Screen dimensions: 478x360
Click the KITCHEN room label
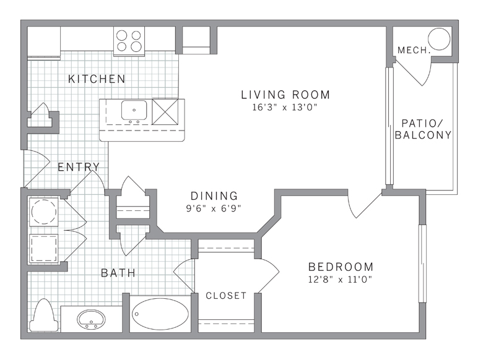pyautogui.click(x=97, y=79)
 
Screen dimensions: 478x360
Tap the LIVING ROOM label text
pyautogui.click(x=285, y=95)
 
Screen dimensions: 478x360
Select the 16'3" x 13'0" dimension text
pyautogui.click(x=285, y=107)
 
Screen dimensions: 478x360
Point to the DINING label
pyautogui.click(x=214, y=195)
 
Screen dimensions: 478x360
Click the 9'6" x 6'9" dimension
pyautogui.click(x=214, y=208)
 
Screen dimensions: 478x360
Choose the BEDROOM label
pyautogui.click(x=341, y=267)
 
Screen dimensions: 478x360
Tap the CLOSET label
pyautogui.click(x=226, y=296)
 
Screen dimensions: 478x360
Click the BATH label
pyautogui.click(x=118, y=273)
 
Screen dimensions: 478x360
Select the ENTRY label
pyautogui.click(x=79, y=167)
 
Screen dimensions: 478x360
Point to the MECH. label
pyautogui.click(x=414, y=50)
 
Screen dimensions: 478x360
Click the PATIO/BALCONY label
pyautogui.click(x=423, y=129)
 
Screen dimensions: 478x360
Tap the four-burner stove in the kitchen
pyautogui.click(x=129, y=41)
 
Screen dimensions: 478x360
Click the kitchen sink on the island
pyautogui.click(x=134, y=110)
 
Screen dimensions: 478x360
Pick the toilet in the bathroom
pyautogui.click(x=43, y=316)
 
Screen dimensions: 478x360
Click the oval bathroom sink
pyautogui.click(x=91, y=319)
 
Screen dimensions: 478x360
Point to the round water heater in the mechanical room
pyautogui.click(x=439, y=39)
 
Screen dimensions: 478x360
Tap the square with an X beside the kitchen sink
pyautogui.click(x=165, y=111)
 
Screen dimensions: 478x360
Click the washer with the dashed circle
pyautogui.click(x=44, y=212)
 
